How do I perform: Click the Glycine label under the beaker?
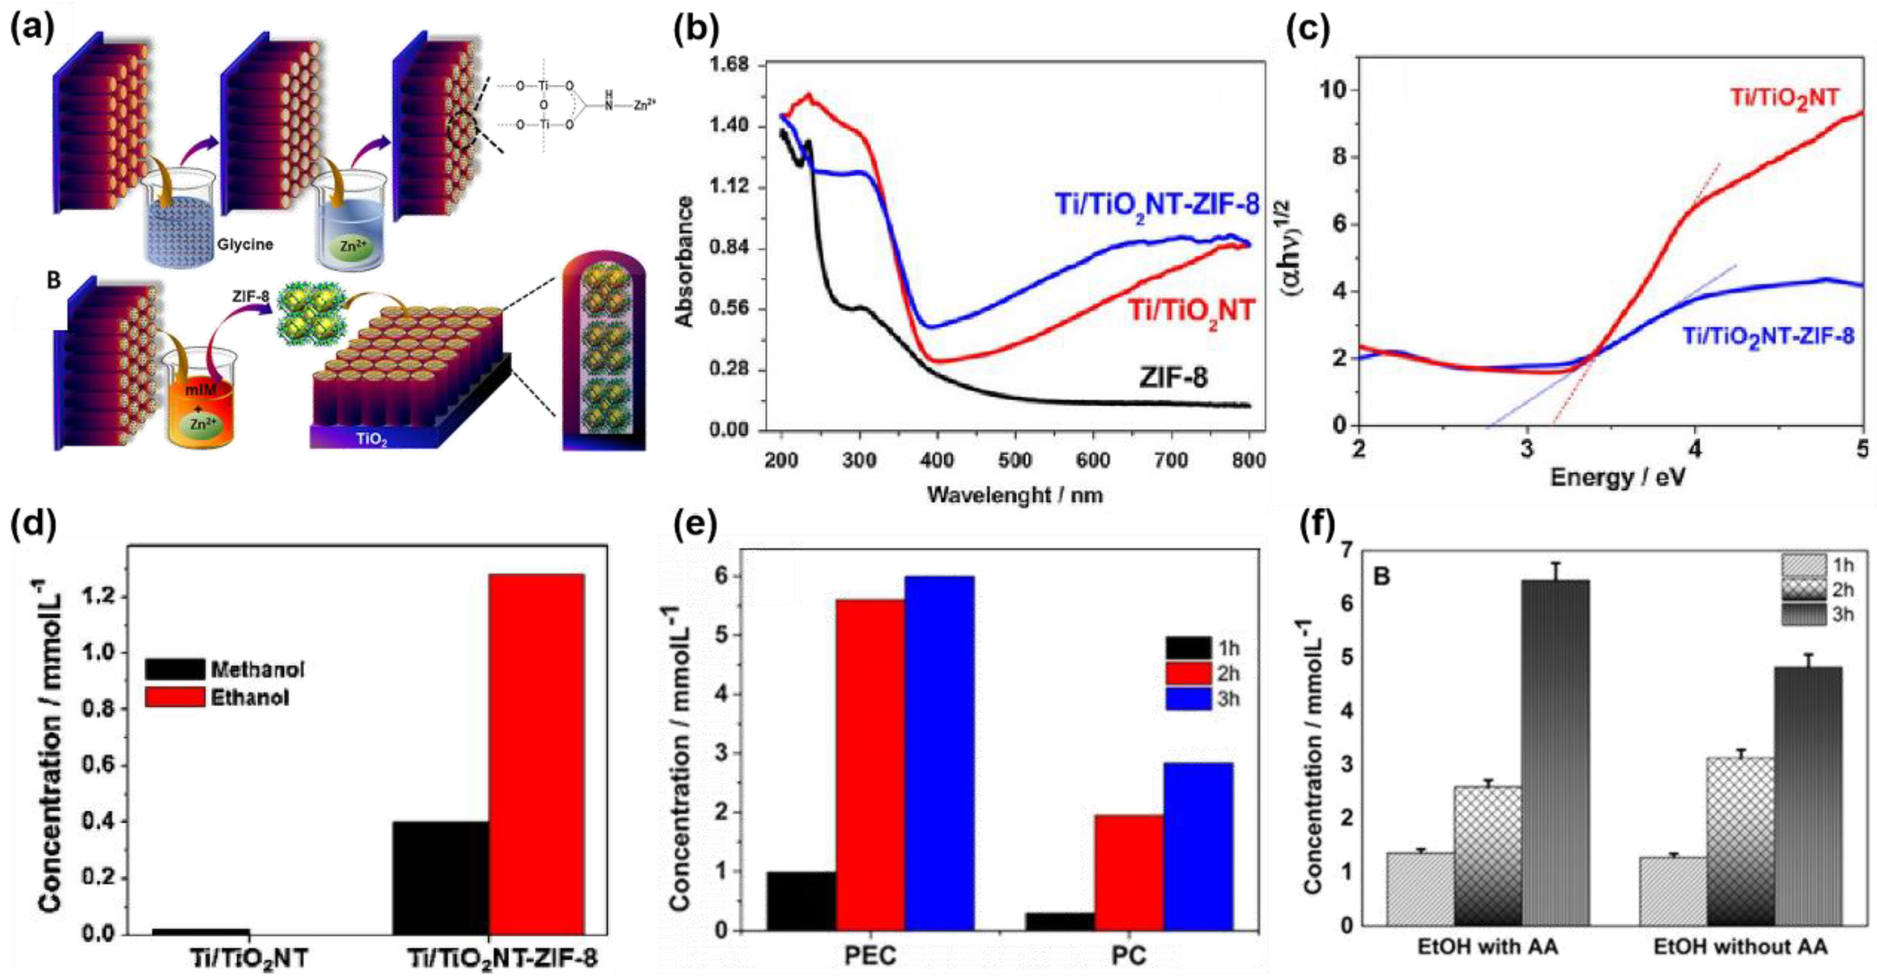click(x=245, y=244)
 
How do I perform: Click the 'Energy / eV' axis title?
click(x=1617, y=477)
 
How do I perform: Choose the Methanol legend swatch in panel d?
click(x=175, y=669)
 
